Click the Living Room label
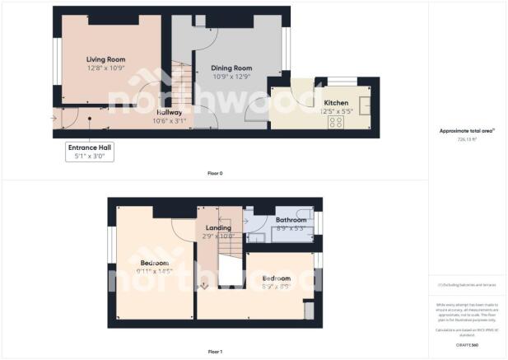click(x=105, y=59)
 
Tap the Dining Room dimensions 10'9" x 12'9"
click(x=231, y=77)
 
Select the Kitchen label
click(x=336, y=103)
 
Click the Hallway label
click(x=170, y=112)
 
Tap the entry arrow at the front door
click(x=54, y=117)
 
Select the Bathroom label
click(x=291, y=220)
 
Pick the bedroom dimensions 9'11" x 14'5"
click(x=155, y=273)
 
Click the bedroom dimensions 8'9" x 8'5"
click(x=277, y=288)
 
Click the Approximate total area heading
click(x=468, y=132)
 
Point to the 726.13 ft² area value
click(x=468, y=140)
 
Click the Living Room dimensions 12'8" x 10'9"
click(x=105, y=68)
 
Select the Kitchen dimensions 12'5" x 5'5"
click(x=336, y=111)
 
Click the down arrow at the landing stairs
click(x=204, y=287)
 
